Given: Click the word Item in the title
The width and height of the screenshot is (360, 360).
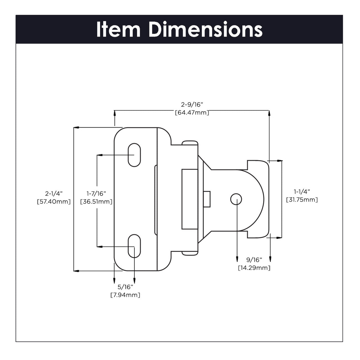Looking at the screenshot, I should pyautogui.click(x=118, y=30).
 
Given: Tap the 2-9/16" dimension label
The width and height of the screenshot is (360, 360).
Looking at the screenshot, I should pyautogui.click(x=192, y=104).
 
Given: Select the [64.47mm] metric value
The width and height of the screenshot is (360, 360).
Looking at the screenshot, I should pyautogui.click(x=192, y=113).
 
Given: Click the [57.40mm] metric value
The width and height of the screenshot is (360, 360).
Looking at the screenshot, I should pyautogui.click(x=54, y=202).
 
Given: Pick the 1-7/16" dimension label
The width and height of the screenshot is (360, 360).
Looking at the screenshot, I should pyautogui.click(x=96, y=193).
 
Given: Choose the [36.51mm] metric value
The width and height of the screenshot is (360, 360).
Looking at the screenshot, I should pyautogui.click(x=96, y=202).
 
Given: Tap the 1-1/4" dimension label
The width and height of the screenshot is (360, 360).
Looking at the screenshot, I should pyautogui.click(x=301, y=191).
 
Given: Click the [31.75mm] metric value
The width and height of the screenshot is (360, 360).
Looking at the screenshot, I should pyautogui.click(x=301, y=199).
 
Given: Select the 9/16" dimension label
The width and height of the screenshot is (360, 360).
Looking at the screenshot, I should pyautogui.click(x=254, y=259).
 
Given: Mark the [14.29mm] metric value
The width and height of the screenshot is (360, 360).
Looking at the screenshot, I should pyautogui.click(x=254, y=268).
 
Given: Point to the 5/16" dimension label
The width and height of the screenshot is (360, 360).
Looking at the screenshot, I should pyautogui.click(x=125, y=286).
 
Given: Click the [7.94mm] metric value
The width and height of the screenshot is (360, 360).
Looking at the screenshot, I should pyautogui.click(x=125, y=295).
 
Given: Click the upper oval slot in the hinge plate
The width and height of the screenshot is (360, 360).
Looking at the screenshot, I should pyautogui.click(x=134, y=155).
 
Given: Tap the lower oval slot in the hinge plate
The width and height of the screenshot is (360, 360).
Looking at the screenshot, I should pyautogui.click(x=134, y=246).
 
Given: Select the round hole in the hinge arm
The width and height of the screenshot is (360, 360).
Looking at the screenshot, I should pyautogui.click(x=236, y=199).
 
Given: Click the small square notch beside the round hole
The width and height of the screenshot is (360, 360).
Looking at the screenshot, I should pyautogui.click(x=207, y=199).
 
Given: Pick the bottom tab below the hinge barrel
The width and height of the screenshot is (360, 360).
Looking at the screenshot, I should pyautogui.click(x=190, y=253).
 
